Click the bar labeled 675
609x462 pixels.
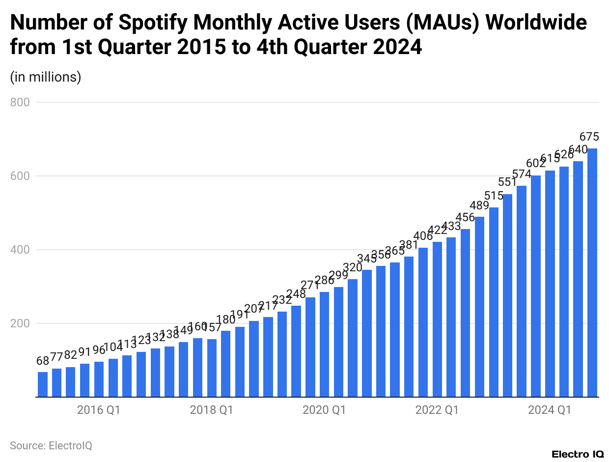592,273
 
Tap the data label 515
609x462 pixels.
494,196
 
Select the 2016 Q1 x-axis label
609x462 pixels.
98,410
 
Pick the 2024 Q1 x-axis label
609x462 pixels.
550,410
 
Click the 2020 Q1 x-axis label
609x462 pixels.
324,410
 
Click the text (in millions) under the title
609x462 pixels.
46,77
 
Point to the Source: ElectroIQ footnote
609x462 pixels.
51,446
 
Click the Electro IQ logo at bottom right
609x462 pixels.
578,454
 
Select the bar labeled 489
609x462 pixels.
479,307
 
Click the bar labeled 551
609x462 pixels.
508,295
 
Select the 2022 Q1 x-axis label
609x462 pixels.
437,410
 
